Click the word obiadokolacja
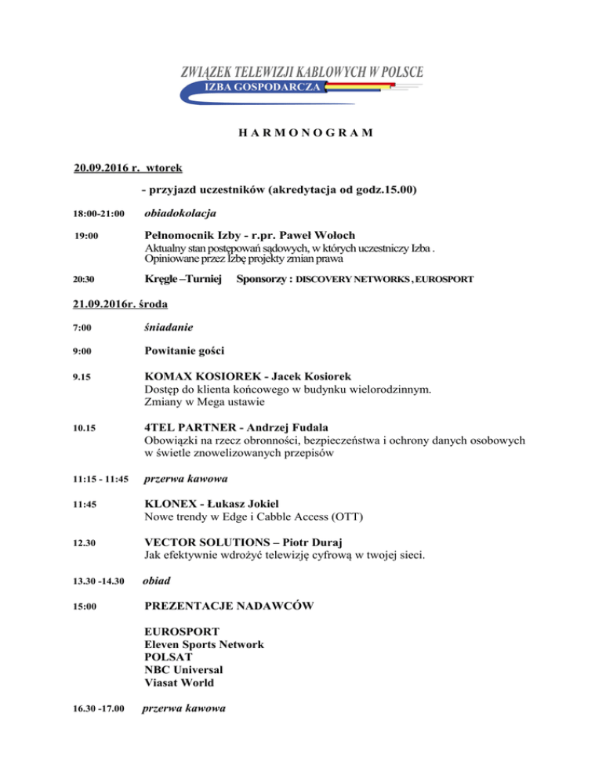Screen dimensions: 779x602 pyautogui.click(x=182, y=212)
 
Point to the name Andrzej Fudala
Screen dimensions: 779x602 pyautogui.click(x=263, y=427)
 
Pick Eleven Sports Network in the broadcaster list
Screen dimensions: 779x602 pyautogui.click(x=205, y=644)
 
